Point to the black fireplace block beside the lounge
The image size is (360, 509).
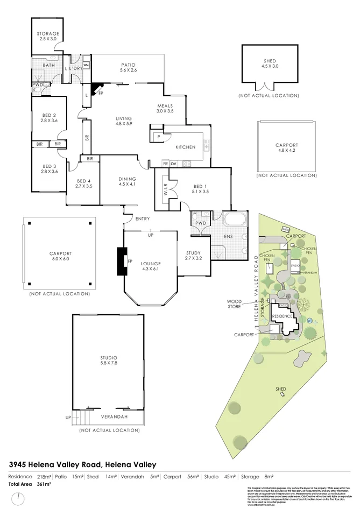pyautogui.click(x=121, y=261)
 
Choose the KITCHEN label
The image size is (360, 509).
pyautogui.click(x=185, y=147)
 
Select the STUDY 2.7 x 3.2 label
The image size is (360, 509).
pyautogui.click(x=193, y=256)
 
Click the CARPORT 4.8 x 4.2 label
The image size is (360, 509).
pyautogui.click(x=286, y=148)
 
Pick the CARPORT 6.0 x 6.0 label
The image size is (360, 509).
pyautogui.click(x=60, y=257)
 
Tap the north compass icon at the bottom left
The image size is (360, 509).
pyautogui.click(x=19, y=499)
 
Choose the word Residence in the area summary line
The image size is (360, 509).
pyautogui.click(x=20, y=477)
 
